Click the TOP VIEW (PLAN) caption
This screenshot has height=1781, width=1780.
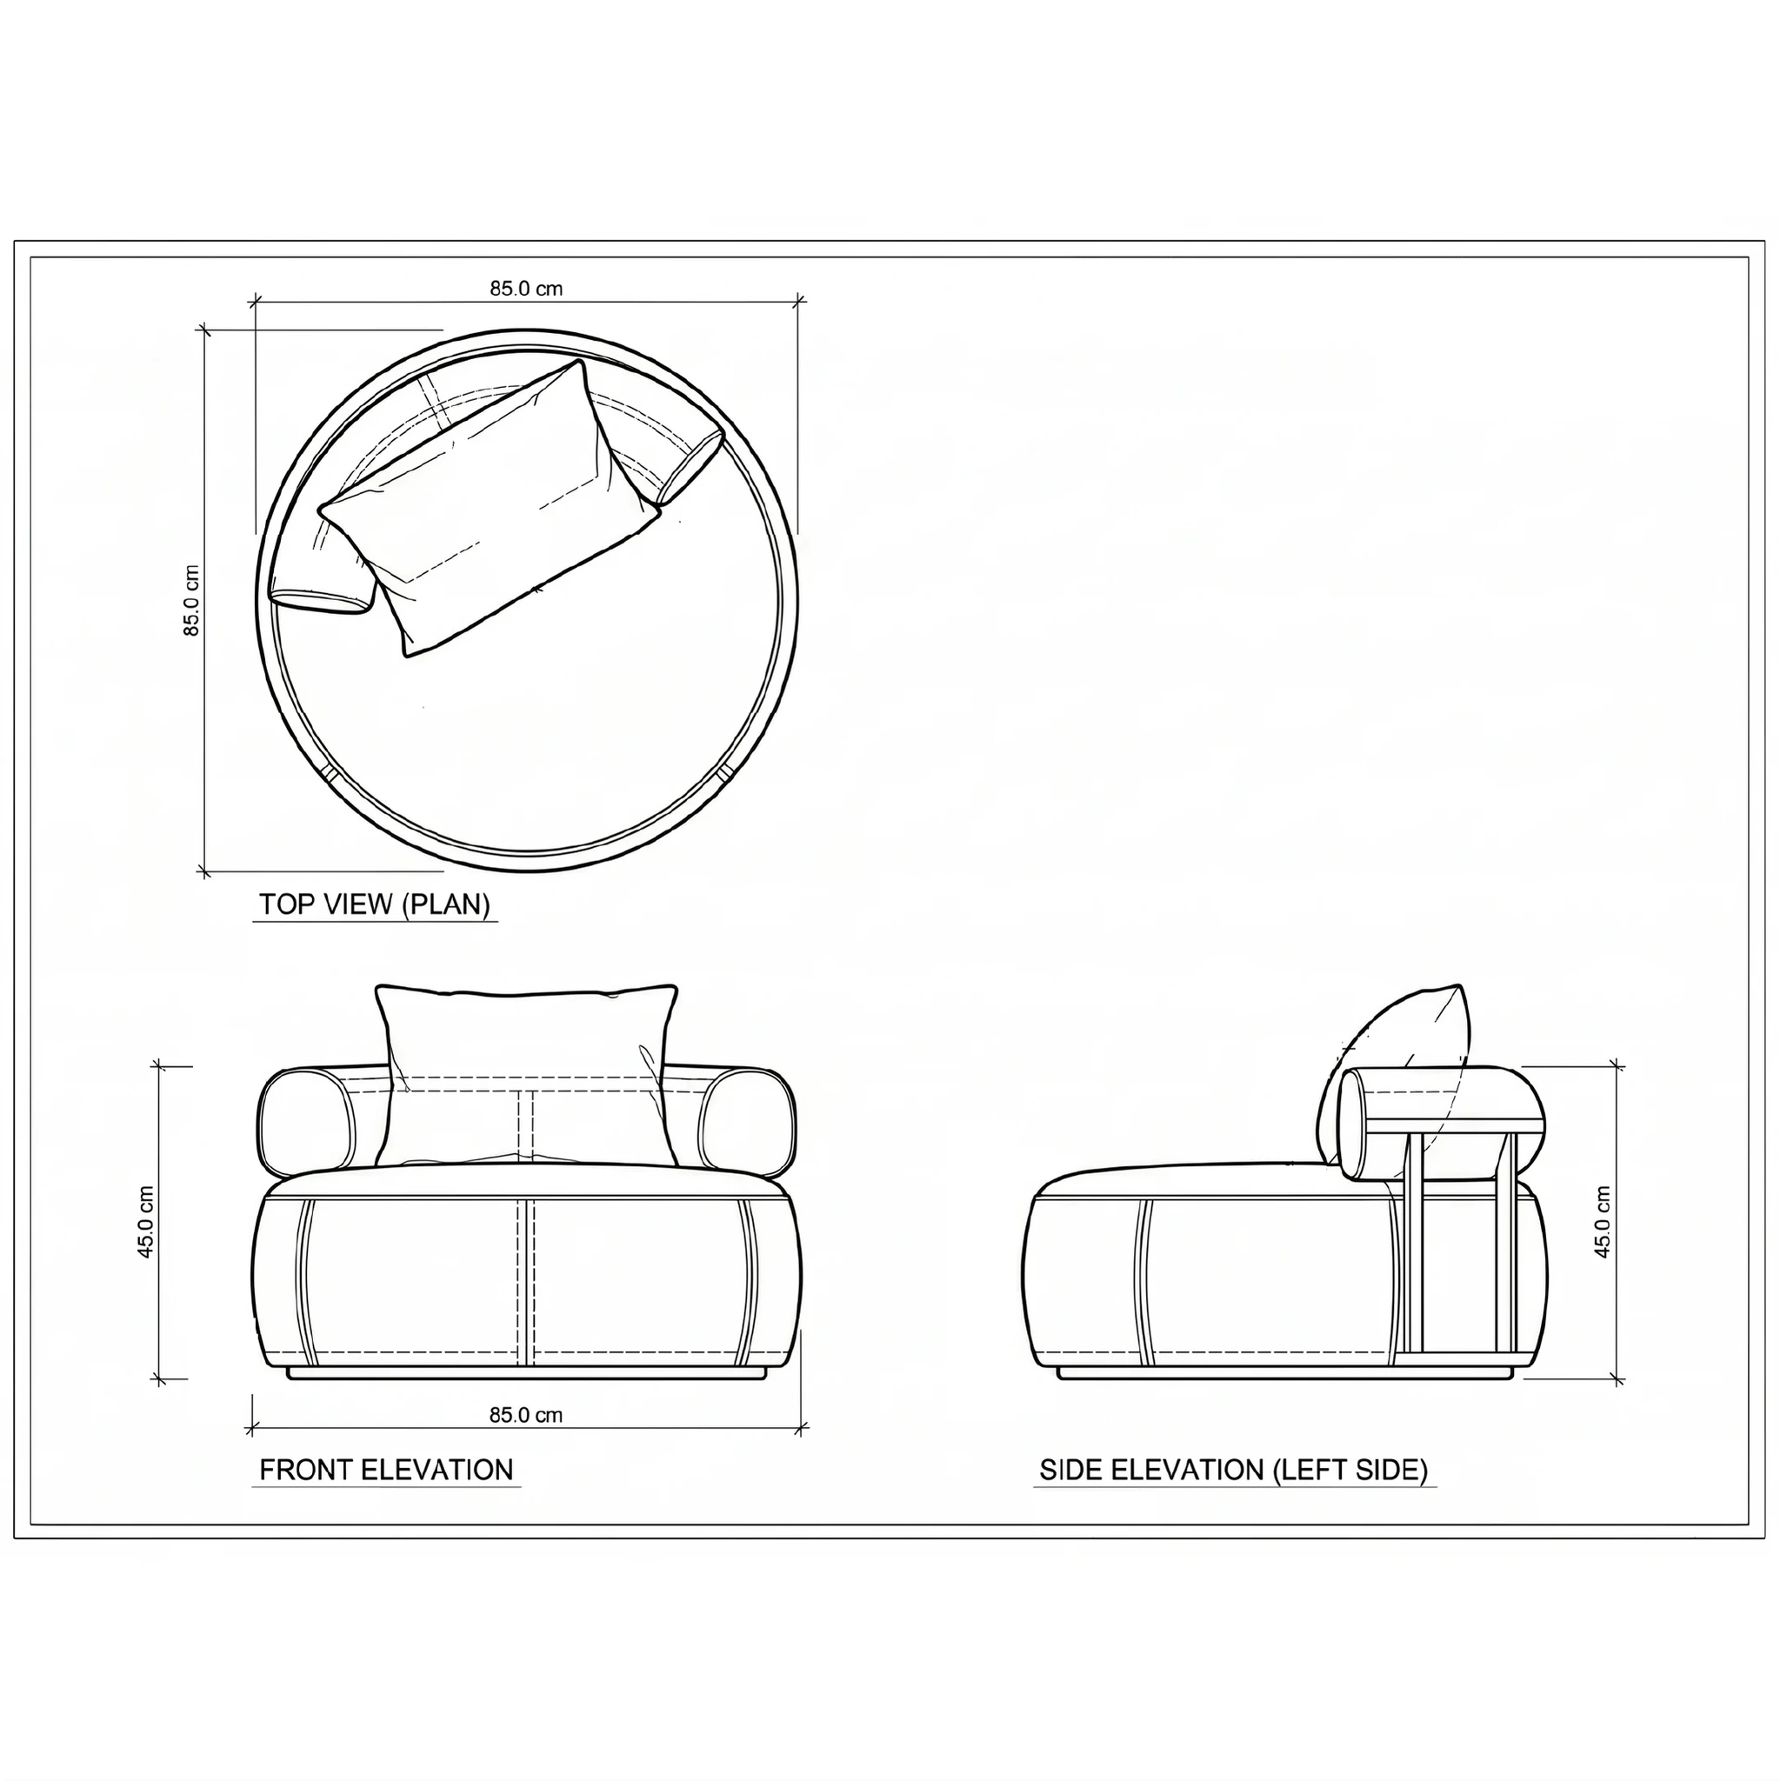(x=374, y=904)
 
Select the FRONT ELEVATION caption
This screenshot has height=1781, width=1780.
(x=386, y=1470)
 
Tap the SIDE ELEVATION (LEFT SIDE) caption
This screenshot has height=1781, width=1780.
(x=1233, y=1470)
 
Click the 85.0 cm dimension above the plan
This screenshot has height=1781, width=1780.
(x=525, y=289)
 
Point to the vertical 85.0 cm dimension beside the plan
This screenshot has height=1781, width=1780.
(x=190, y=600)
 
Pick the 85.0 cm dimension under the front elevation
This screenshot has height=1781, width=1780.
(x=525, y=1415)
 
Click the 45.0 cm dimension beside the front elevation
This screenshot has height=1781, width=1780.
(x=144, y=1223)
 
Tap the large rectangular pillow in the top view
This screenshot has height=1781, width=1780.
(x=489, y=507)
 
